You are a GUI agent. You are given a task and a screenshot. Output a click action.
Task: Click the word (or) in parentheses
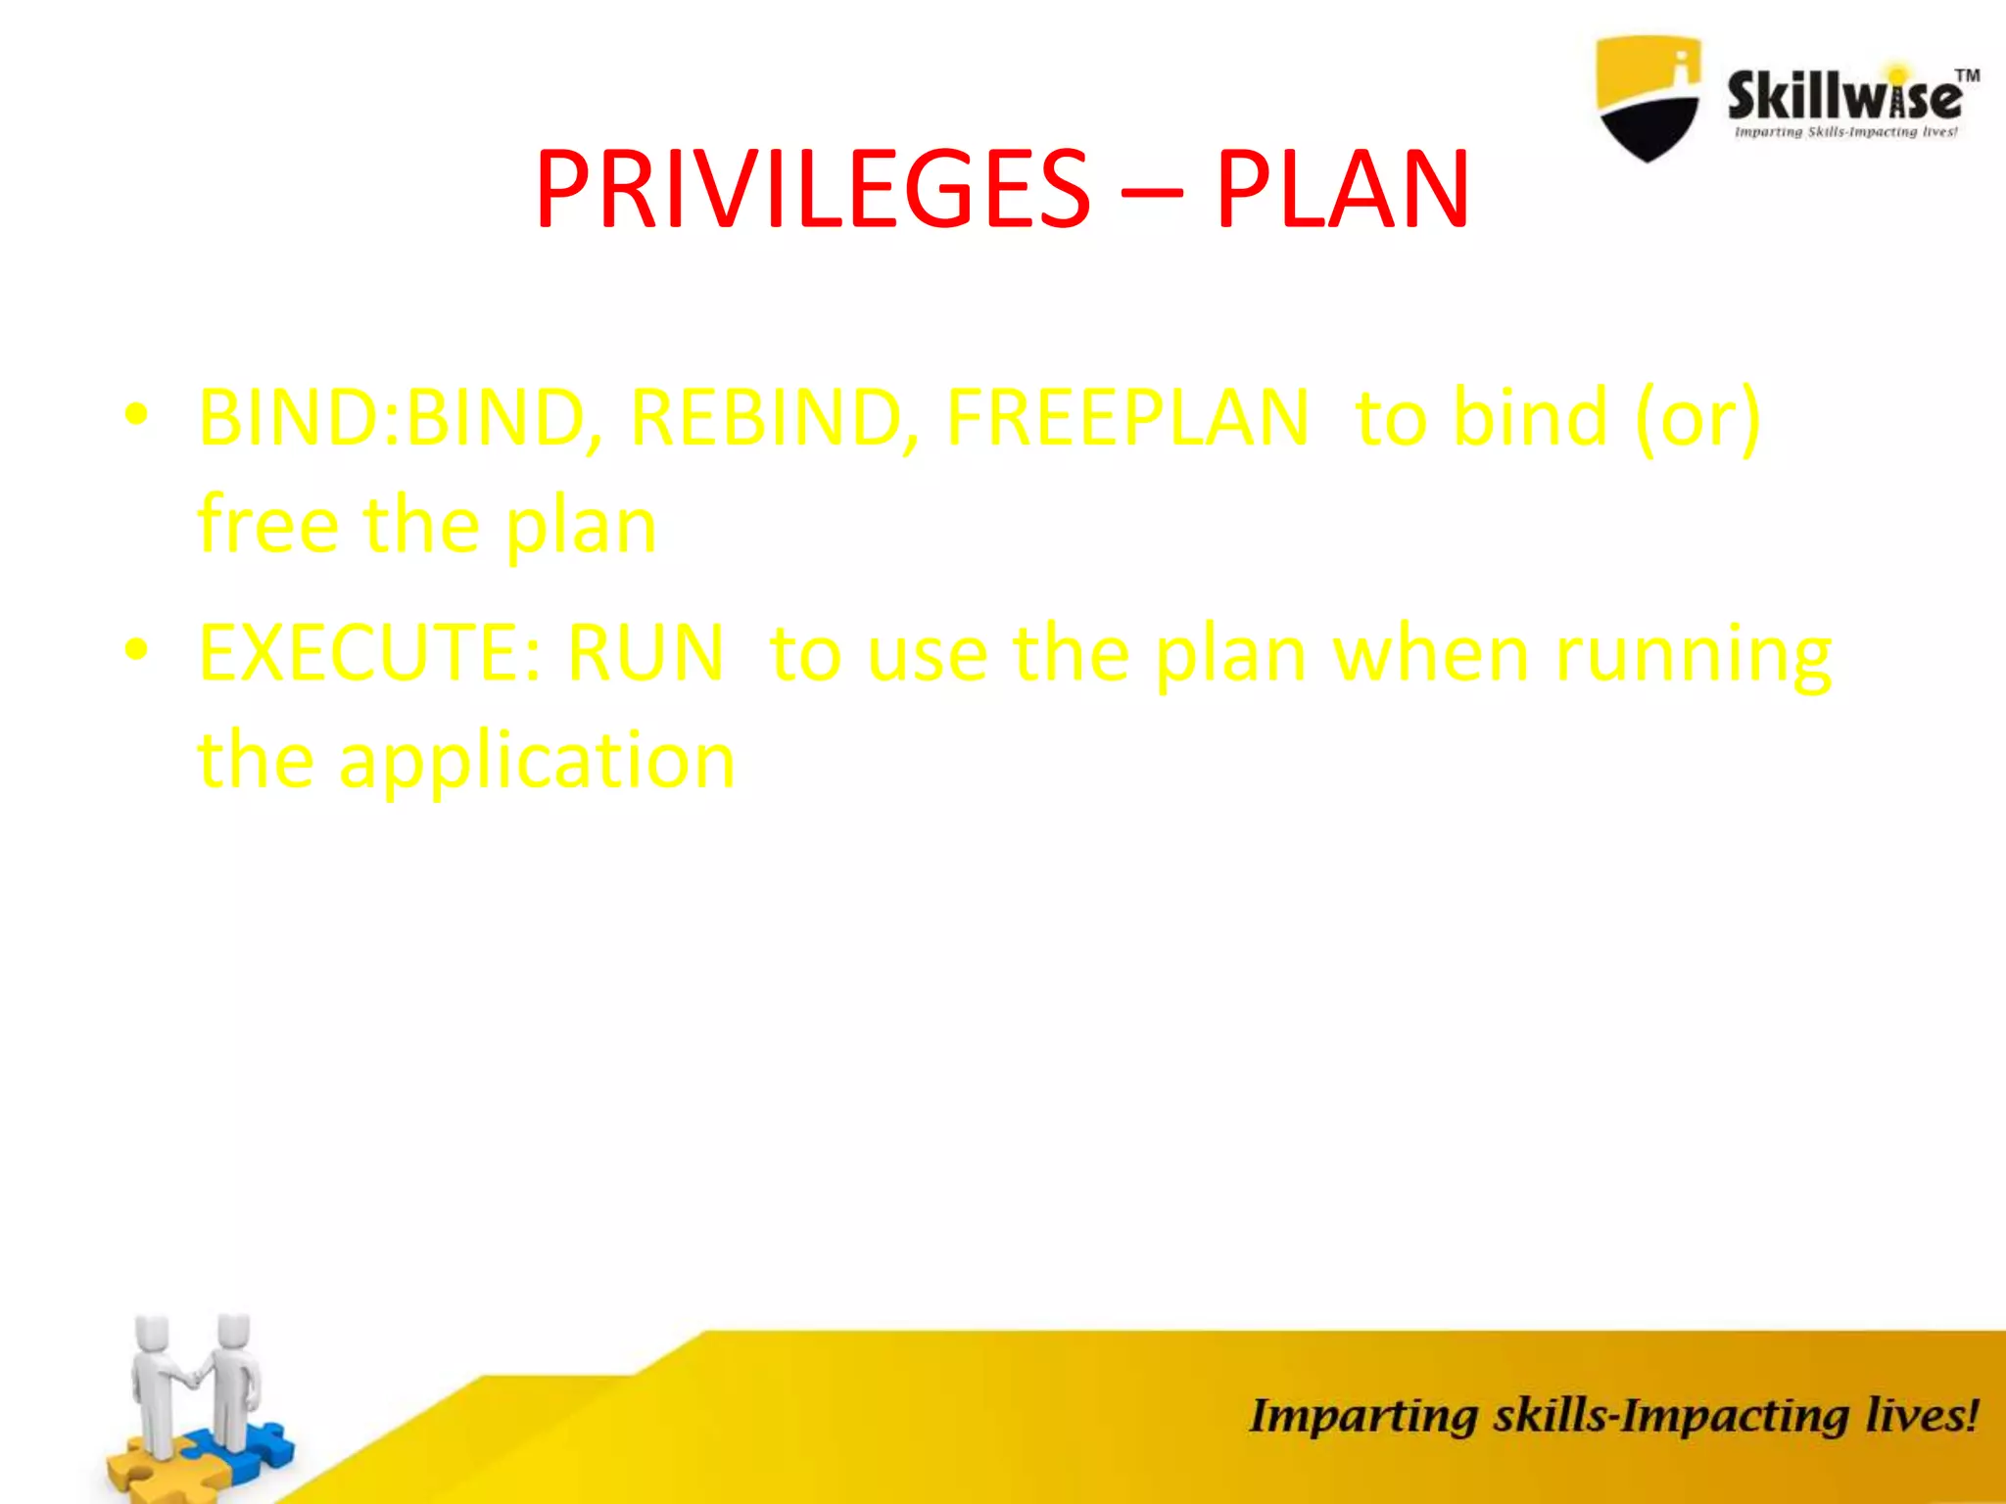pyautogui.click(x=1697, y=419)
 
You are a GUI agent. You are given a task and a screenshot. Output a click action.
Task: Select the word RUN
pyautogui.click(x=645, y=653)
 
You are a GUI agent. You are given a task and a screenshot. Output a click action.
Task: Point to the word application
pyautogui.click(x=536, y=762)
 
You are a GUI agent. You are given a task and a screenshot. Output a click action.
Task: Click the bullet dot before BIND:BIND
pyautogui.click(x=136, y=415)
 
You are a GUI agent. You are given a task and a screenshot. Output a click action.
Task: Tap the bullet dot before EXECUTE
pyautogui.click(x=136, y=649)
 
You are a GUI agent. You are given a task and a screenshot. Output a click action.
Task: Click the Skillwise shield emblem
pyautogui.click(x=1648, y=98)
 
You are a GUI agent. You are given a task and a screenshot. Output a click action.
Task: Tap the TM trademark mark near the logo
pyautogui.click(x=1967, y=75)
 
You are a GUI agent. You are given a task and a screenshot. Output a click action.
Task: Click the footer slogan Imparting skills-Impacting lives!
pyautogui.click(x=1613, y=1416)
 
